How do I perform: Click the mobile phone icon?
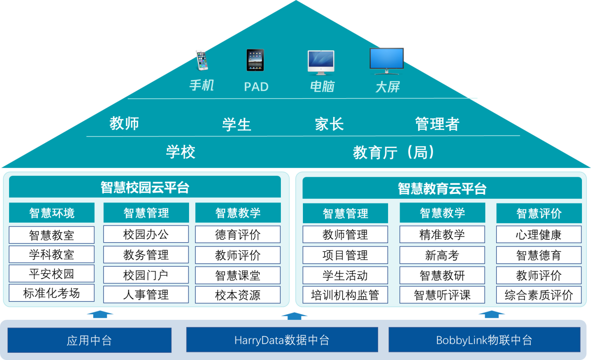tap(202, 60)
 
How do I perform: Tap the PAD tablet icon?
tap(255, 60)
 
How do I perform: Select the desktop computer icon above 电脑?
tap(321, 62)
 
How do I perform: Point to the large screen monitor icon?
tap(387, 61)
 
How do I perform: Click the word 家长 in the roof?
tap(329, 124)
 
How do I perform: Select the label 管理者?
tap(437, 124)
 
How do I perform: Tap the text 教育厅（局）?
tap(394, 153)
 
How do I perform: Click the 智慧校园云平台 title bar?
tap(145, 187)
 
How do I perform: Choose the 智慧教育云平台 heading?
tap(442, 189)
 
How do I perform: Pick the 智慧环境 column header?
tap(52, 213)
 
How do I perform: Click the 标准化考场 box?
tap(52, 293)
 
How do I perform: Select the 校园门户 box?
tap(146, 275)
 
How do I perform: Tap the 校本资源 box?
tap(238, 295)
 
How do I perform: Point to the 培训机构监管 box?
tap(345, 295)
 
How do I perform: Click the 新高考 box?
tap(442, 256)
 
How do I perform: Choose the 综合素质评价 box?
tap(539, 295)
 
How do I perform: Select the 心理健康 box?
tap(539, 235)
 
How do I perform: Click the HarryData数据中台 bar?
tap(282, 340)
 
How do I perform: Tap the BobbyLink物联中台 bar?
tap(484, 340)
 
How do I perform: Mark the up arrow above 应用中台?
tap(100, 314)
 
